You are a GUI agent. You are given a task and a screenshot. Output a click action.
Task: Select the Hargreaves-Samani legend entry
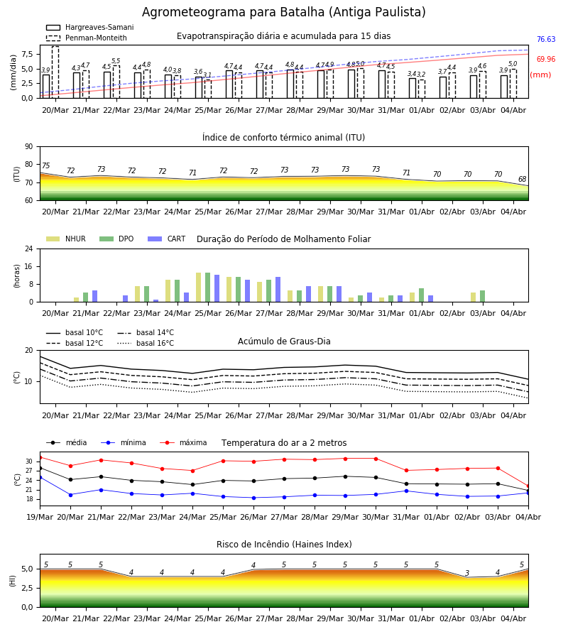point(89,27)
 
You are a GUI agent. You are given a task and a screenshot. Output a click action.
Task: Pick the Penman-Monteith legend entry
point(87,38)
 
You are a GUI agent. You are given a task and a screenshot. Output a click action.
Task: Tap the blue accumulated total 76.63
point(546,40)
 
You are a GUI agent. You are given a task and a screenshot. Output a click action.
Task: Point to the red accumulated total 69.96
point(546,59)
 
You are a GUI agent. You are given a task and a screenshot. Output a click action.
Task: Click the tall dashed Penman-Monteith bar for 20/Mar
point(55,72)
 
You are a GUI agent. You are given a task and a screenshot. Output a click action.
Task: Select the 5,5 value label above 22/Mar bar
point(116,61)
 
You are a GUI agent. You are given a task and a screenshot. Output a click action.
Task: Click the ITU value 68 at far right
point(523,180)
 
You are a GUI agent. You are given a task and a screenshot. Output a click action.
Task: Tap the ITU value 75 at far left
point(45,165)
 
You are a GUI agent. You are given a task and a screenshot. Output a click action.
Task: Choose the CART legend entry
point(167,239)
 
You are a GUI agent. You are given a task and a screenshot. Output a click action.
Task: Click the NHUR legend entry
point(66,239)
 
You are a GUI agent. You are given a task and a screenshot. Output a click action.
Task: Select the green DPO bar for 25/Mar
point(208,288)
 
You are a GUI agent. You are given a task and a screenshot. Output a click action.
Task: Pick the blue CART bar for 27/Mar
point(278,290)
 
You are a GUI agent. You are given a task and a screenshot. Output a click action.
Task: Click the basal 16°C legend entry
point(146,343)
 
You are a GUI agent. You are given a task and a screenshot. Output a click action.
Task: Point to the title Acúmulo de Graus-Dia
point(284,341)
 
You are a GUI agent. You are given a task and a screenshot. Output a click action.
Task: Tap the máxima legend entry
point(183,442)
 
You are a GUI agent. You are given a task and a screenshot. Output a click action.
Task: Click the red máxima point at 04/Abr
point(528,486)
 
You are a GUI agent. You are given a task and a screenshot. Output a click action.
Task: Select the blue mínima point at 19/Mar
point(40,477)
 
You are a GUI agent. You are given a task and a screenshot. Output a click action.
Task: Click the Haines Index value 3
point(467,573)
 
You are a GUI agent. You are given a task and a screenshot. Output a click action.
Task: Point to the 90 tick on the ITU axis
point(29,147)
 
